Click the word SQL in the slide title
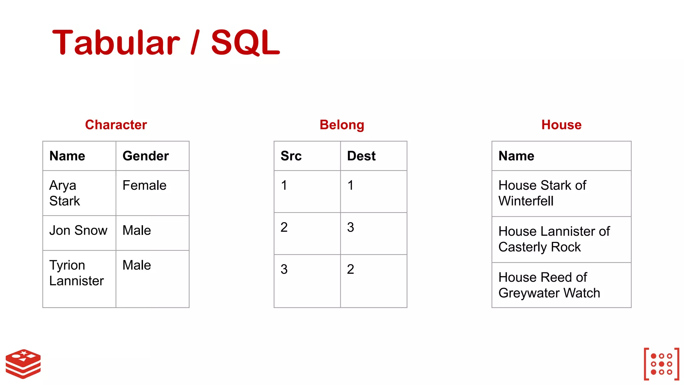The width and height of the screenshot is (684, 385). pos(245,42)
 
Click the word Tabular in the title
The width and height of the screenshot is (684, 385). pos(116,42)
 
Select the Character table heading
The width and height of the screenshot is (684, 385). pos(116,125)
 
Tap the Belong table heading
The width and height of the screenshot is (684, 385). pos(342,125)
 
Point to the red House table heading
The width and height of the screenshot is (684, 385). pos(561,125)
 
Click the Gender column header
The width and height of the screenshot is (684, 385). pos(146,156)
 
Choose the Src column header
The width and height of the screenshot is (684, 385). pos(291,156)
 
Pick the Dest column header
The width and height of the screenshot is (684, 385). pos(361,156)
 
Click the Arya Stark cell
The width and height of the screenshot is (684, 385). pos(65,193)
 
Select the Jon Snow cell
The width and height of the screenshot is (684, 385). pos(78,231)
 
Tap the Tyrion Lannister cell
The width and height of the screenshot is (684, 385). pos(76,273)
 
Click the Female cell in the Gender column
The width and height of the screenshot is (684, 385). pos(144,185)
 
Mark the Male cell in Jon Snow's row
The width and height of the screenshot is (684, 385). pos(137,231)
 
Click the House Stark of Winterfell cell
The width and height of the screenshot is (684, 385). pos(542,193)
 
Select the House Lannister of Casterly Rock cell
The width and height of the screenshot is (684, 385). pos(554,239)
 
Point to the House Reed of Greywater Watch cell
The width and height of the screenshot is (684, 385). pos(549,285)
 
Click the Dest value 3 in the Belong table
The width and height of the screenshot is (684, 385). pos(350,228)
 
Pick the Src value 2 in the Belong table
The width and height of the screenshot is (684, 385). pos(284,228)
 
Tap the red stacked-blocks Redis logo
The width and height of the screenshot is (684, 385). pos(23,364)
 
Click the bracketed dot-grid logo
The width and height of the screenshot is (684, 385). pos(661,364)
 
